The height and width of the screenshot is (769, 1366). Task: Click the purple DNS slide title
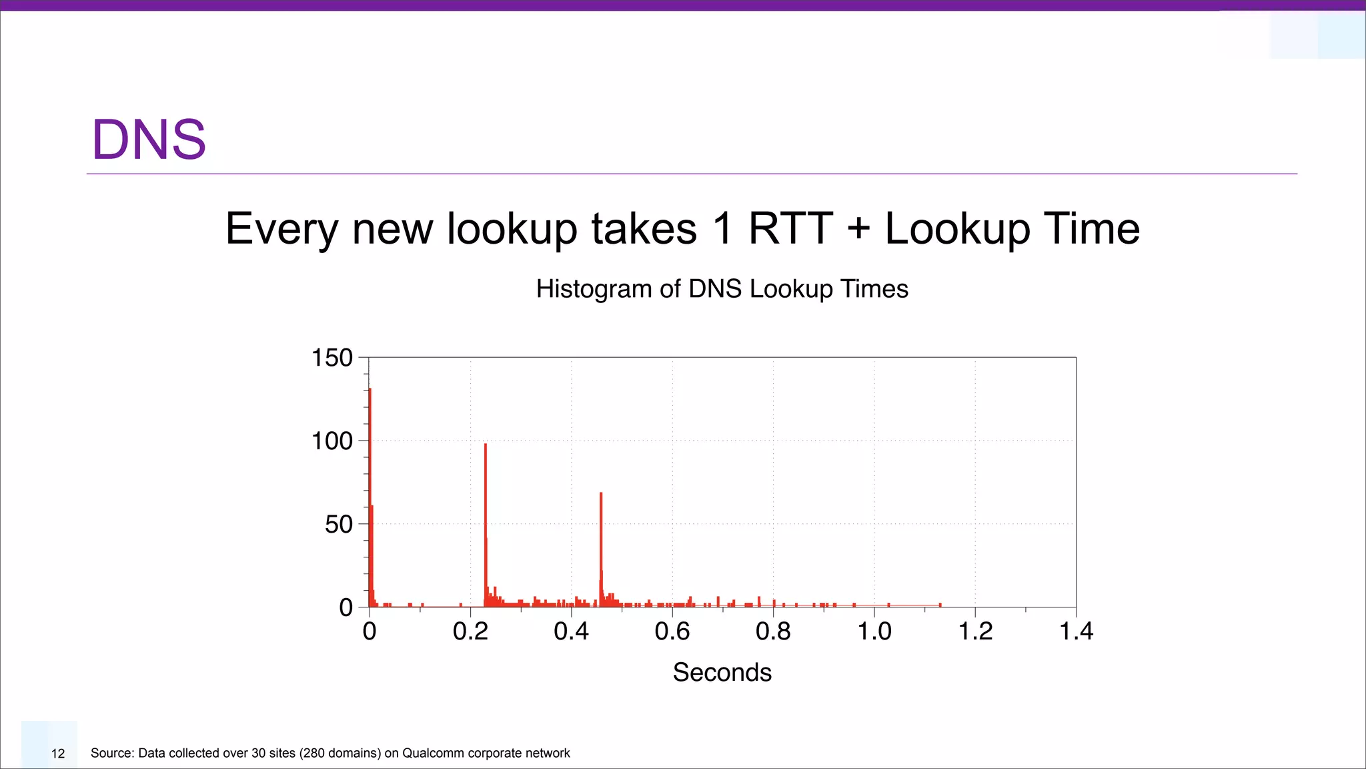click(149, 140)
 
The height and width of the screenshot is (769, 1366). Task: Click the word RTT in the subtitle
click(790, 228)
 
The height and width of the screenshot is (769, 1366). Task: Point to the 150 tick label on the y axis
click(332, 358)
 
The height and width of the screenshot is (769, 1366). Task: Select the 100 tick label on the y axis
click(332, 441)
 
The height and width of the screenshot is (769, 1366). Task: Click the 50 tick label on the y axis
click(338, 525)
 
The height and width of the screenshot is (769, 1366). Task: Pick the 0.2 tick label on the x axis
click(470, 631)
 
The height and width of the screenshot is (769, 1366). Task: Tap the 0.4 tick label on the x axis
click(572, 631)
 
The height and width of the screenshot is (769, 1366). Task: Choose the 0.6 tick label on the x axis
click(672, 631)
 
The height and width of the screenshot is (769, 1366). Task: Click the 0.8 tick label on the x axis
click(773, 631)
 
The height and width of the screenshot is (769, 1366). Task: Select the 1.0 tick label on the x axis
click(874, 631)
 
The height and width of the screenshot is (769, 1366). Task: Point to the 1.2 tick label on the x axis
click(975, 631)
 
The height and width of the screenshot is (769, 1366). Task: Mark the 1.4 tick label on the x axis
click(1076, 631)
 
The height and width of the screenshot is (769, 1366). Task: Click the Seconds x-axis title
click(722, 672)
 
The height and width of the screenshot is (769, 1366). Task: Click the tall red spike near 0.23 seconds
click(486, 507)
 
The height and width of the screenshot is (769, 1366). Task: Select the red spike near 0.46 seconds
click(601, 534)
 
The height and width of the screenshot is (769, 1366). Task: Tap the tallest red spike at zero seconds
click(370, 467)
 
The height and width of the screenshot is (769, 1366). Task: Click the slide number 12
click(58, 754)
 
